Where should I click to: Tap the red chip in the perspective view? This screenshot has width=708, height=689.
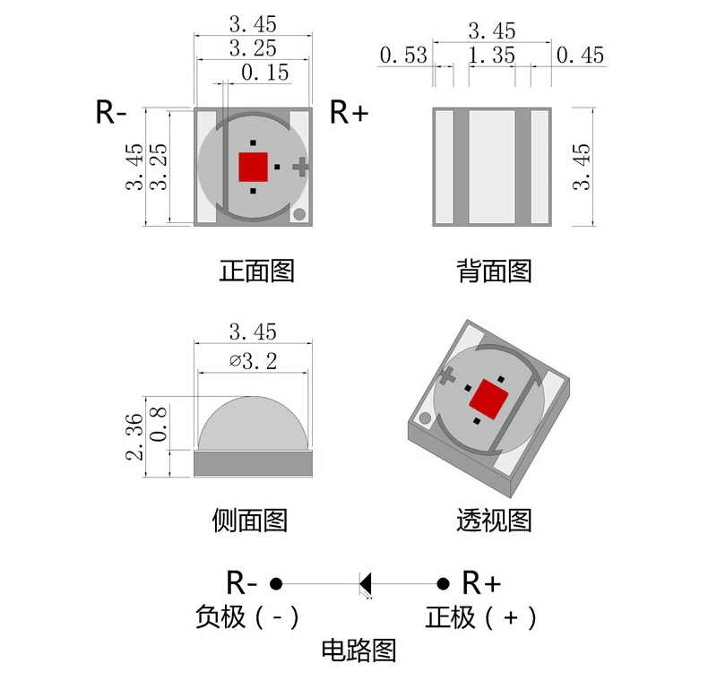click(x=488, y=397)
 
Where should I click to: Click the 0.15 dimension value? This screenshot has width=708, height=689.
click(x=264, y=73)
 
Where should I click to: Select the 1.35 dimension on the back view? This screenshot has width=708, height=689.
click(x=491, y=56)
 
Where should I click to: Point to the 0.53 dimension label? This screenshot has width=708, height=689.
click(x=403, y=56)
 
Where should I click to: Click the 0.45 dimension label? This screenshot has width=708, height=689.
click(x=580, y=56)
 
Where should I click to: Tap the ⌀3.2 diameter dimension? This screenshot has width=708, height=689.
click(x=253, y=361)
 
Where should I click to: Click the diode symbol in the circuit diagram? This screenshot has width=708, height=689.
click(x=365, y=583)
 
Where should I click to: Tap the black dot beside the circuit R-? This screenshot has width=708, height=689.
click(x=277, y=583)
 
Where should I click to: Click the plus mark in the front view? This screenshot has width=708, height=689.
click(x=301, y=165)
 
